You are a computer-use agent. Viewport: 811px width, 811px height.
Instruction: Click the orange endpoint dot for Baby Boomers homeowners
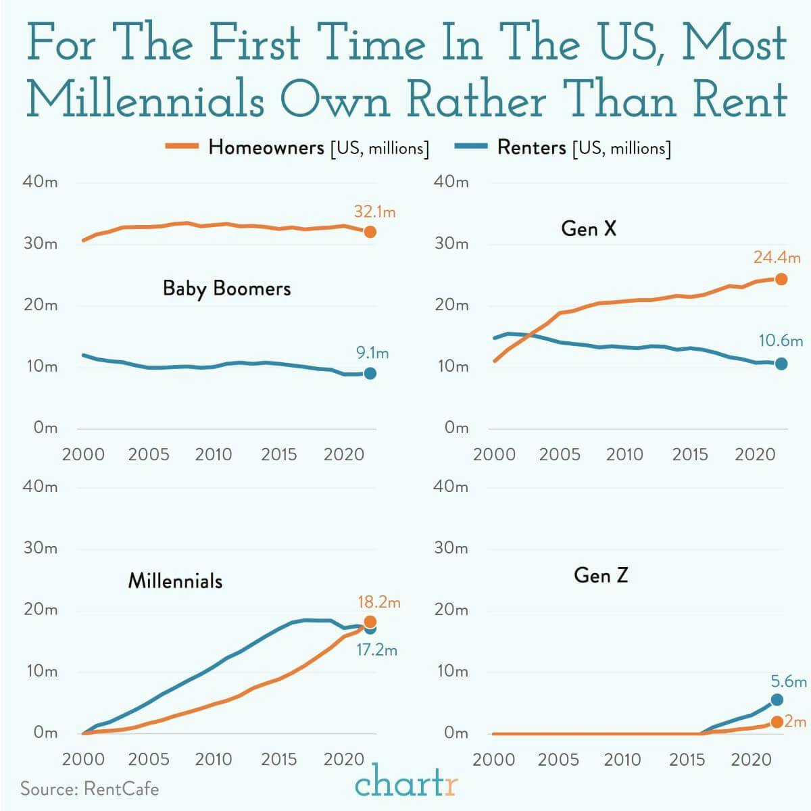point(370,232)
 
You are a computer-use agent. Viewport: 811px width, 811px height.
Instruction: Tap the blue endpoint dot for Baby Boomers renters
point(370,374)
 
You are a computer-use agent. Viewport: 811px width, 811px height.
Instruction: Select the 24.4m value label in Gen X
point(777,257)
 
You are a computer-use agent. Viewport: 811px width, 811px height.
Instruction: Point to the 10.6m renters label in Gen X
point(781,341)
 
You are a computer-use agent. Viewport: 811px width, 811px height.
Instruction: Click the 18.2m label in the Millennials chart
point(379,601)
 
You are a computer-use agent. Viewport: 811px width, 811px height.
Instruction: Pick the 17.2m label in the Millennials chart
point(376,651)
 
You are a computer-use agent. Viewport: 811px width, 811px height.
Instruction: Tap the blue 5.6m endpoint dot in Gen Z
point(777,699)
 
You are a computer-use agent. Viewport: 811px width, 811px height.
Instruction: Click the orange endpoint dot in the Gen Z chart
point(777,722)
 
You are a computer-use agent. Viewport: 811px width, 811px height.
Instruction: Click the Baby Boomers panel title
point(226,289)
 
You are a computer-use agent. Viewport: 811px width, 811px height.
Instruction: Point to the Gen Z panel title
point(601,575)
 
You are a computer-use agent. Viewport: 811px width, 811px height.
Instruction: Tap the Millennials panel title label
point(175,581)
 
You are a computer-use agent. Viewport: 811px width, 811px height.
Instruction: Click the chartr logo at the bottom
point(406,784)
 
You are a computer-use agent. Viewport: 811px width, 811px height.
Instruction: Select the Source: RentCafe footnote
point(89,789)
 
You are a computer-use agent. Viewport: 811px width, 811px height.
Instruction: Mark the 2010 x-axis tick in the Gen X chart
point(624,453)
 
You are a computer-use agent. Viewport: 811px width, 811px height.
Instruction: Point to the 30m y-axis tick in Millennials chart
point(41,547)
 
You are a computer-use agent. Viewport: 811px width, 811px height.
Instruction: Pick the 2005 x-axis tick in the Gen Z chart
point(558,759)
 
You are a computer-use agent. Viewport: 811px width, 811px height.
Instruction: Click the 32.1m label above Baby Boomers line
point(374,212)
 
